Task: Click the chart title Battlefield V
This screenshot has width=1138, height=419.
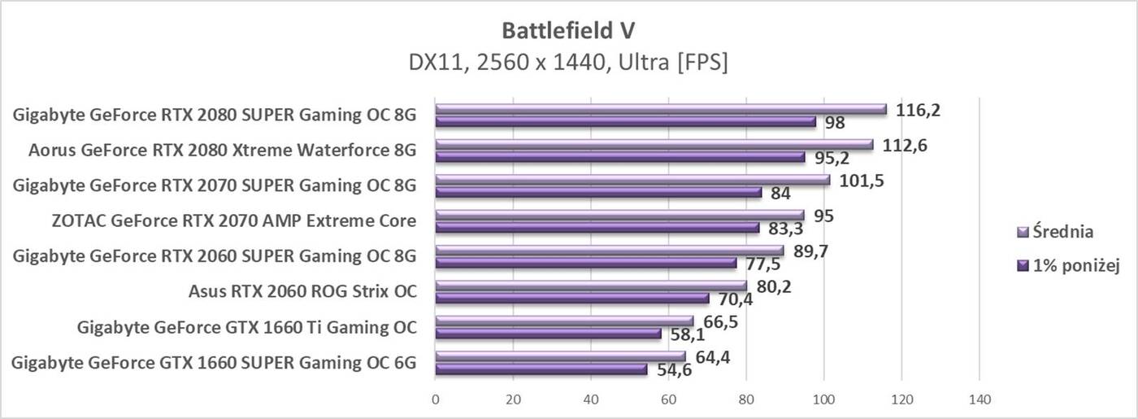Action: [x=569, y=30]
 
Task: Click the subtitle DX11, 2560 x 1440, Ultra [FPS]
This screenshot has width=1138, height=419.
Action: [x=569, y=62]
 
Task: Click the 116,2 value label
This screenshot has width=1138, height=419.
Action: [x=918, y=110]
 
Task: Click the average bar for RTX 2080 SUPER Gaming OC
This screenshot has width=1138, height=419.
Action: [x=660, y=110]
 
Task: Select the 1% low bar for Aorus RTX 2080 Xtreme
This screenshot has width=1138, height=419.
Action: [x=619, y=157]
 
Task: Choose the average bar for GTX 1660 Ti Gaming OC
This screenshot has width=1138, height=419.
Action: [x=564, y=321]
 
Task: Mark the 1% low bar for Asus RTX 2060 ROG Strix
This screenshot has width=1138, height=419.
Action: [x=571, y=298]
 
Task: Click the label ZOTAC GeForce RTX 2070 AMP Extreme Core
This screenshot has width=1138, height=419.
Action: [x=222, y=220]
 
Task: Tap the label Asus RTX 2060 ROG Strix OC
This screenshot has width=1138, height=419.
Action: [x=302, y=291]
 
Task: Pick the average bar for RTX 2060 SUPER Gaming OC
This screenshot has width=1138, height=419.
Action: [x=610, y=251]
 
